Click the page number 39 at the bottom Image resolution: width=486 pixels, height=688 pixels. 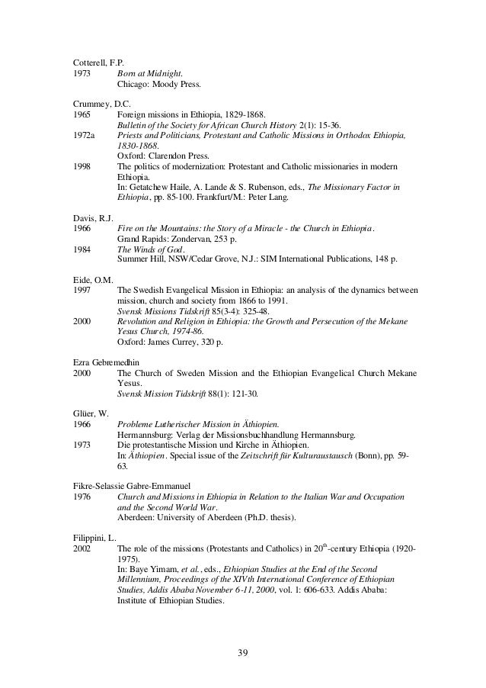[x=242, y=651]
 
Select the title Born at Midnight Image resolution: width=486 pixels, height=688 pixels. [x=150, y=73]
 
